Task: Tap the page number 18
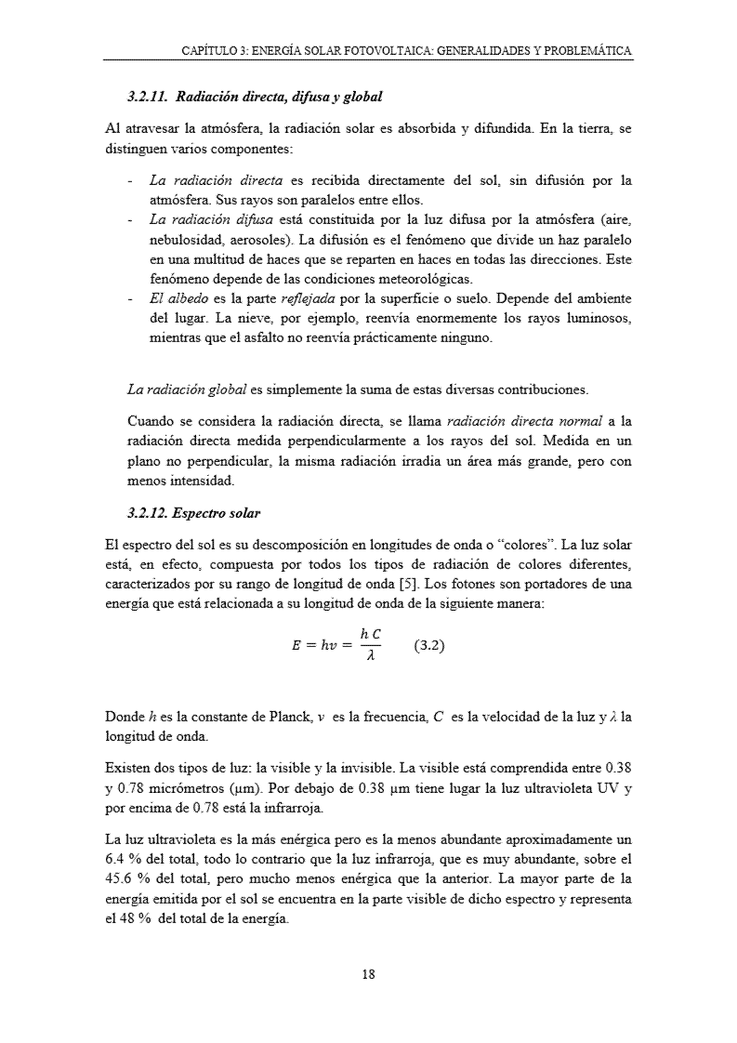click(368, 974)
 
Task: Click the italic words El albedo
click(174, 298)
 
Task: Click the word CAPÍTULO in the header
click(209, 50)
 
